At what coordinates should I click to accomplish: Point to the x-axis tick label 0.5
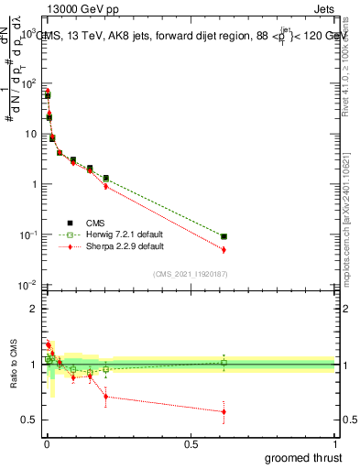[191, 442]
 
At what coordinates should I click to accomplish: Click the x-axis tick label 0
[46, 442]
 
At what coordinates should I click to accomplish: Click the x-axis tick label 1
[337, 442]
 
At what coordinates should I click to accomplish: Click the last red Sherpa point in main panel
[224, 249]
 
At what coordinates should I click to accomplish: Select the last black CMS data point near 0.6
[224, 236]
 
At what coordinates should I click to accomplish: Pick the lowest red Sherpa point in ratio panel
[224, 412]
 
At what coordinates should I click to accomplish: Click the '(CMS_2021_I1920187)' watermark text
[191, 273]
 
